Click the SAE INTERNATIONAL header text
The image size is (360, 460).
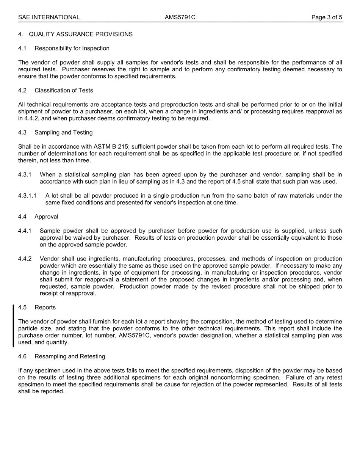click(x=49, y=17)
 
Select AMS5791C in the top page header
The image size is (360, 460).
click(x=180, y=17)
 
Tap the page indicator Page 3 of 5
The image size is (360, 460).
click(x=327, y=17)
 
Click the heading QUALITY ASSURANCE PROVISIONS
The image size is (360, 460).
click(x=80, y=34)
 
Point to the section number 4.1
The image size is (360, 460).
click(x=22, y=48)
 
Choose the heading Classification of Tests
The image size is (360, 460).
click(x=64, y=90)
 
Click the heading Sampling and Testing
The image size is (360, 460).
click(x=63, y=132)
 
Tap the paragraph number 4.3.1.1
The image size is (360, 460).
click(x=27, y=196)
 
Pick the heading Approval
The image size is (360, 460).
click(x=46, y=217)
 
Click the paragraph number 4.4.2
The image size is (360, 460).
click(x=25, y=259)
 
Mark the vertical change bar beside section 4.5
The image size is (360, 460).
click(x=14, y=325)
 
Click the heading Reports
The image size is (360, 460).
click(x=45, y=308)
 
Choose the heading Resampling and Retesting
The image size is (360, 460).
click(x=70, y=356)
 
